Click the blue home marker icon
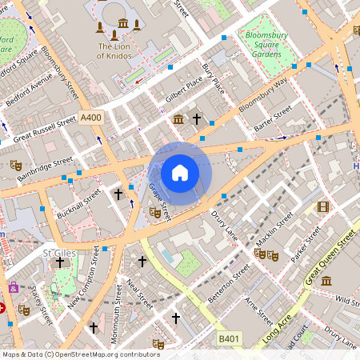(180, 172)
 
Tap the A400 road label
(91, 117)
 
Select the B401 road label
(230, 340)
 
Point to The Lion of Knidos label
(118, 51)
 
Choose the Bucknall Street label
(78, 204)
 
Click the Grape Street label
(161, 200)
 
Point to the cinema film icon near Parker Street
(322, 207)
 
